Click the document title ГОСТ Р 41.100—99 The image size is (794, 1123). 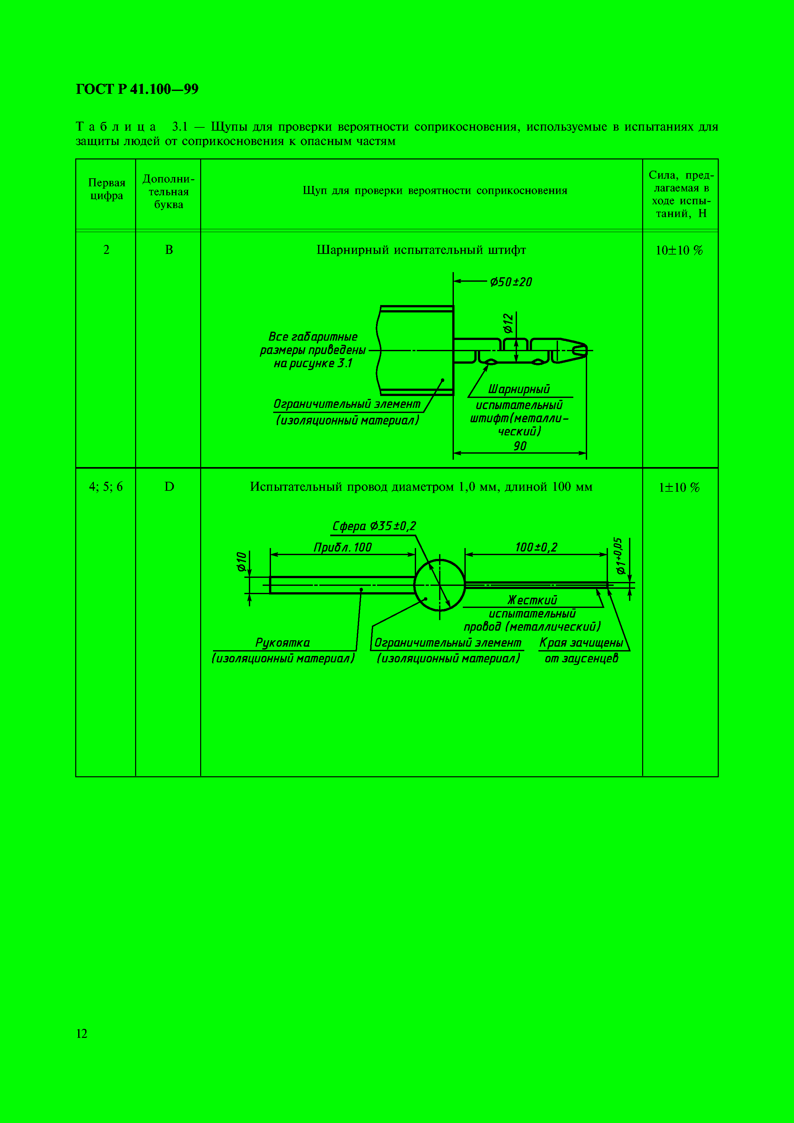[137, 89]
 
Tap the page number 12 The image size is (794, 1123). [82, 1033]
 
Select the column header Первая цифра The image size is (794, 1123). [106, 189]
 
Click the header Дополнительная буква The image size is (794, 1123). [168, 192]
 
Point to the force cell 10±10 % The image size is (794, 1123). [679, 250]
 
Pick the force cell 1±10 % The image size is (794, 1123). [679, 487]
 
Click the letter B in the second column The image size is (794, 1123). [169, 250]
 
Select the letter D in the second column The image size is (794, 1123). [169, 487]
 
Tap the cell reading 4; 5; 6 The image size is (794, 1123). [106, 487]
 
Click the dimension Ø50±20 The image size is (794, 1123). [511, 282]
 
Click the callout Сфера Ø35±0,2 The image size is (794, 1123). [374, 526]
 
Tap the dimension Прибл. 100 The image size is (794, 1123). [342, 547]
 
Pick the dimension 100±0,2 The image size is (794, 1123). [536, 547]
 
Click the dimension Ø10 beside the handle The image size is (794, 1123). [241, 561]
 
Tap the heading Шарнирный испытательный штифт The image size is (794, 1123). [421, 250]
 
